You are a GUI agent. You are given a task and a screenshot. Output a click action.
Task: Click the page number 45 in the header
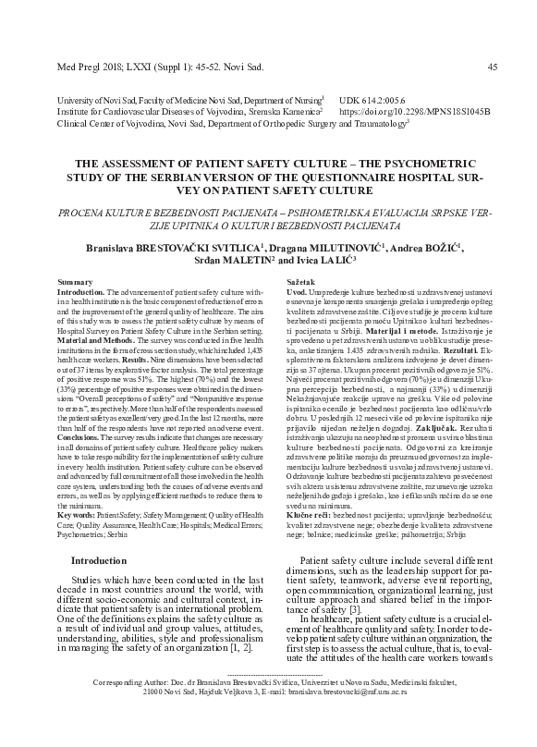(492, 66)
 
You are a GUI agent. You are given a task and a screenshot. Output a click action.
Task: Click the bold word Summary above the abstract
(75, 280)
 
